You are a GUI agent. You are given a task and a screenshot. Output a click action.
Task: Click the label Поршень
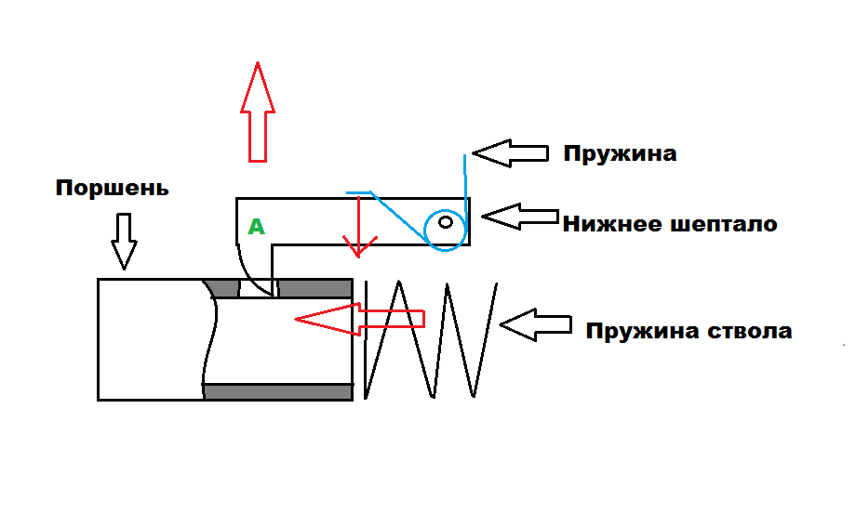pos(112,189)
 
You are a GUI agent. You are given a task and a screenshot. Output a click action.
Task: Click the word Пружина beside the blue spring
pos(620,153)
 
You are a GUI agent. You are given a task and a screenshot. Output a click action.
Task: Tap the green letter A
pos(256,227)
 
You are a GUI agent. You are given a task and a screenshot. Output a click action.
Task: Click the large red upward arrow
pos(258,112)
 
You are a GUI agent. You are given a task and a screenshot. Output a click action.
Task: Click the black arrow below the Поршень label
pos(124,241)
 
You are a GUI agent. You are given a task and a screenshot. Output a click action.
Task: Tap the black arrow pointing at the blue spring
pos(510,152)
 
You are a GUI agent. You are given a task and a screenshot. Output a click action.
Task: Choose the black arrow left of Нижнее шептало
pos(519,217)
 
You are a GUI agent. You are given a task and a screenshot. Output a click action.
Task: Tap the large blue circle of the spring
pos(444,228)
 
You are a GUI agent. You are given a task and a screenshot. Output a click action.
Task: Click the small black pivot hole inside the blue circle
pos(447,222)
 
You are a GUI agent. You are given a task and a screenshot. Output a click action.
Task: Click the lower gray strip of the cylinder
pos(277,391)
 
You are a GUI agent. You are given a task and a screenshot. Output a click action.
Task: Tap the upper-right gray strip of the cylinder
pos(314,288)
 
